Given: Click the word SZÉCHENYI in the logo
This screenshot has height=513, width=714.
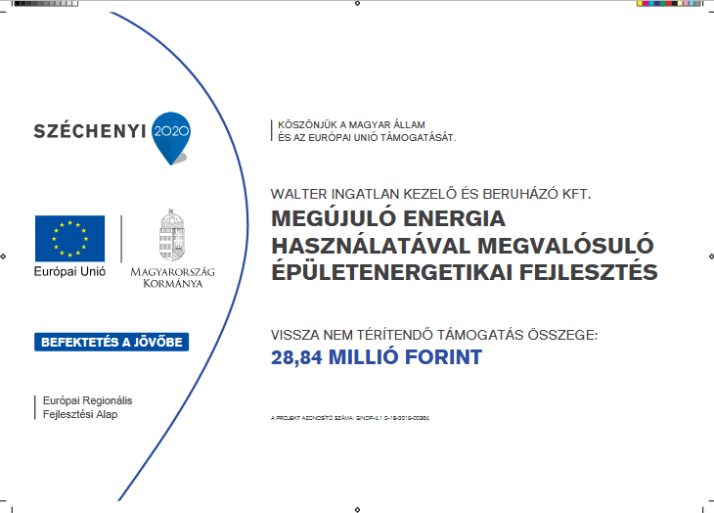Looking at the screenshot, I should (x=91, y=131).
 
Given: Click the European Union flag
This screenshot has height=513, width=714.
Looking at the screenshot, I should (x=69, y=239).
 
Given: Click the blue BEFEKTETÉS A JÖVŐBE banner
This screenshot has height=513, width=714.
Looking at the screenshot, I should (x=112, y=343).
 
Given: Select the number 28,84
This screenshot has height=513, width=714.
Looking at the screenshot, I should (x=296, y=357).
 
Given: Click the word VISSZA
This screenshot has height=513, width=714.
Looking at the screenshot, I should (x=296, y=335).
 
